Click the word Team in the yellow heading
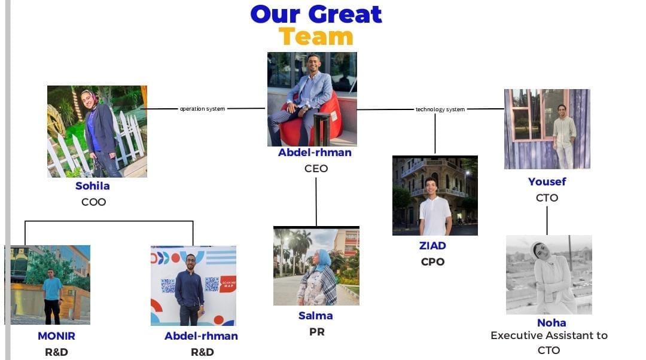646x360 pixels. point(316,36)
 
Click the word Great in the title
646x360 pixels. point(345,14)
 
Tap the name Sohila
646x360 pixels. point(93,186)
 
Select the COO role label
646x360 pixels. point(93,202)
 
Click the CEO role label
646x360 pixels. point(316,169)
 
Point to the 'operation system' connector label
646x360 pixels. point(202,109)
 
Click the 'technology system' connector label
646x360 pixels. point(440,109)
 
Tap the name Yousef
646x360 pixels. point(547,182)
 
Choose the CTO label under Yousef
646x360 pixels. point(547,198)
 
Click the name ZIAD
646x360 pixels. point(432,246)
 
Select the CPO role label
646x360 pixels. point(432,261)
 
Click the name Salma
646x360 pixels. point(316,316)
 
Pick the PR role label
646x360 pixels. point(317,331)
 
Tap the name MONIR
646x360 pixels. point(56,336)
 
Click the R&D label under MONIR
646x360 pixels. point(56,352)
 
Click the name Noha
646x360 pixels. point(551,322)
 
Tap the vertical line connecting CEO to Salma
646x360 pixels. point(316,202)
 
